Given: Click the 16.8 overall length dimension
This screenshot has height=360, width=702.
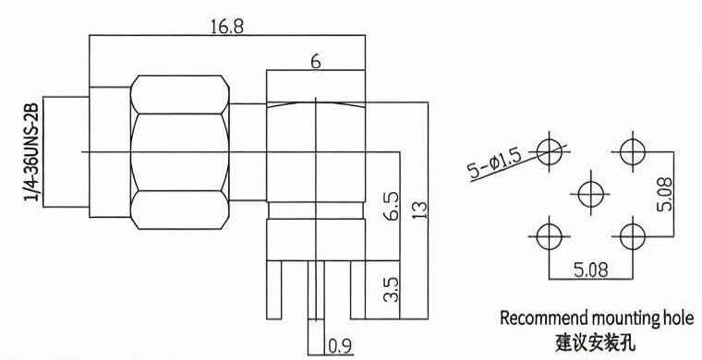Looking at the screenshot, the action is click(227, 27).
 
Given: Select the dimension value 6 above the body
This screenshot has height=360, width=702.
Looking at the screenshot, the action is click(316, 62).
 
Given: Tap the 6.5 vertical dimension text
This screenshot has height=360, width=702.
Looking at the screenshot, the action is click(392, 206).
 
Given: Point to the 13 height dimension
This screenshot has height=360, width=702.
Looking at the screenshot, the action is click(421, 210).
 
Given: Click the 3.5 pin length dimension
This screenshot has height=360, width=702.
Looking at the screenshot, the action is click(392, 289).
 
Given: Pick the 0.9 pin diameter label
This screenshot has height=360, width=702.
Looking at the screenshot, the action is click(340, 346).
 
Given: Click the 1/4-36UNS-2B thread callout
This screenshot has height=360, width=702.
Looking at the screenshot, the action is click(31, 152).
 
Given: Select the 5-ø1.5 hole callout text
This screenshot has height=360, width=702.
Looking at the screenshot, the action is click(495, 163).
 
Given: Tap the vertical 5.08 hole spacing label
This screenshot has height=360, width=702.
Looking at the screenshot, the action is click(664, 194).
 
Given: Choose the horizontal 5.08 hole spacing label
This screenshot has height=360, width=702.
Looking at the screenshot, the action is click(591, 270).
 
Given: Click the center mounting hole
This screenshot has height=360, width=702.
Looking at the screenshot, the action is click(591, 194).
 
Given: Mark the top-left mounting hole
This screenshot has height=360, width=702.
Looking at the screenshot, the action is click(550, 151).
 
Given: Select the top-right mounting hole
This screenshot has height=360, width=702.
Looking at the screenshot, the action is click(633, 151).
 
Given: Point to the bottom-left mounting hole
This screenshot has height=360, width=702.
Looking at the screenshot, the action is click(550, 236).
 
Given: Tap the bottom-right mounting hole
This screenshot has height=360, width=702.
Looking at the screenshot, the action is click(633, 236).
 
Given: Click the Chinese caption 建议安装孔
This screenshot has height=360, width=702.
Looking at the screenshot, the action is click(595, 343).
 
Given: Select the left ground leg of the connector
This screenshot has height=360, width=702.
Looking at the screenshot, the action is click(274, 290).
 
